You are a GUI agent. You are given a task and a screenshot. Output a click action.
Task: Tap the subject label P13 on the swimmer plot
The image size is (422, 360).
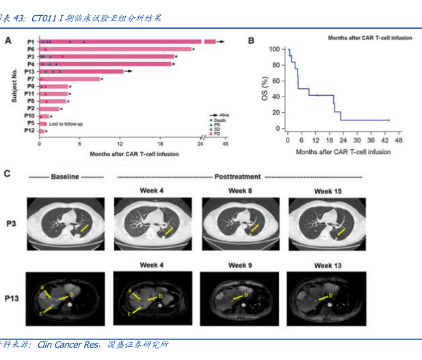[x=29, y=71]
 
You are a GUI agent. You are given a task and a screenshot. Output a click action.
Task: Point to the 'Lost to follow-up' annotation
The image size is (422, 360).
[x=66, y=124]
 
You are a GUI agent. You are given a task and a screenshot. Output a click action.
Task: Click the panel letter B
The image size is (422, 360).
[x=251, y=40]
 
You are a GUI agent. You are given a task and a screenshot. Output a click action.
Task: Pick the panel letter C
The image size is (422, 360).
[x=8, y=174]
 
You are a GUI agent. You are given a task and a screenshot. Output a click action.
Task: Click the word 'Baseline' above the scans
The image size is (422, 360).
[x=66, y=177]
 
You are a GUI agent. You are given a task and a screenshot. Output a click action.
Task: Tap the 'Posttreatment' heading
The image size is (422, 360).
[x=239, y=177]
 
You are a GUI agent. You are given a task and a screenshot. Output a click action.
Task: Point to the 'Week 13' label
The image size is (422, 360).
[x=326, y=265]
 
